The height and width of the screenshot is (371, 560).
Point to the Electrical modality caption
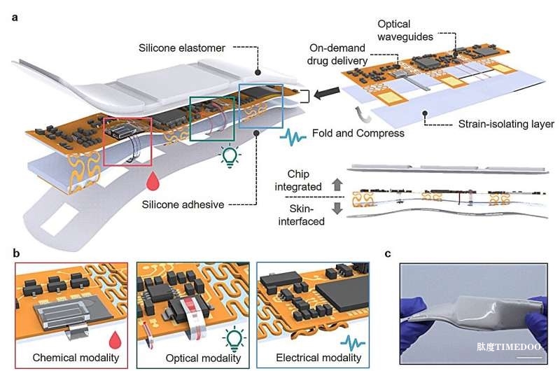coord(318,358)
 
